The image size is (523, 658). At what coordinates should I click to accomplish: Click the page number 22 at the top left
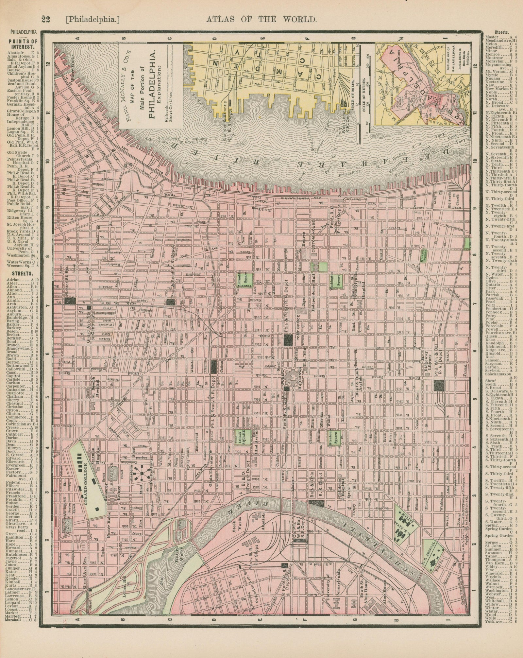(45, 20)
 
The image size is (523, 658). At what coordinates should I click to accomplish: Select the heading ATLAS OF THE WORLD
(261, 20)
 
